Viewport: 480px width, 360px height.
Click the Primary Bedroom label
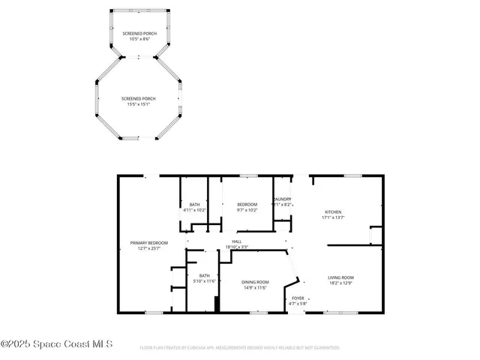pos(148,243)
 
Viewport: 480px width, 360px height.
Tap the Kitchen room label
pos(332,211)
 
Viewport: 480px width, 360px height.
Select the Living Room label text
pos(340,277)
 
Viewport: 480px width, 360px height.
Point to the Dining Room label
pos(255,282)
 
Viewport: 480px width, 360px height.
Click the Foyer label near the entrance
pos(298,298)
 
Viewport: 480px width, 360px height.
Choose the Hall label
pos(236,241)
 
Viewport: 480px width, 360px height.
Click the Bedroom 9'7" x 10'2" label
pos(247,205)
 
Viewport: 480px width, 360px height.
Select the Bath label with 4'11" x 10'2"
pos(194,205)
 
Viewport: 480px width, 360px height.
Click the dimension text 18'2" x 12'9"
pos(340,283)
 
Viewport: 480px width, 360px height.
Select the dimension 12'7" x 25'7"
pos(148,249)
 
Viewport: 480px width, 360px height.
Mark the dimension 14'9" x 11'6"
pos(255,288)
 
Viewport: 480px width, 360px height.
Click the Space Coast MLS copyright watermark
pos(56,344)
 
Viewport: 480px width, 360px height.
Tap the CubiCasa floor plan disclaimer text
pos(240,348)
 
